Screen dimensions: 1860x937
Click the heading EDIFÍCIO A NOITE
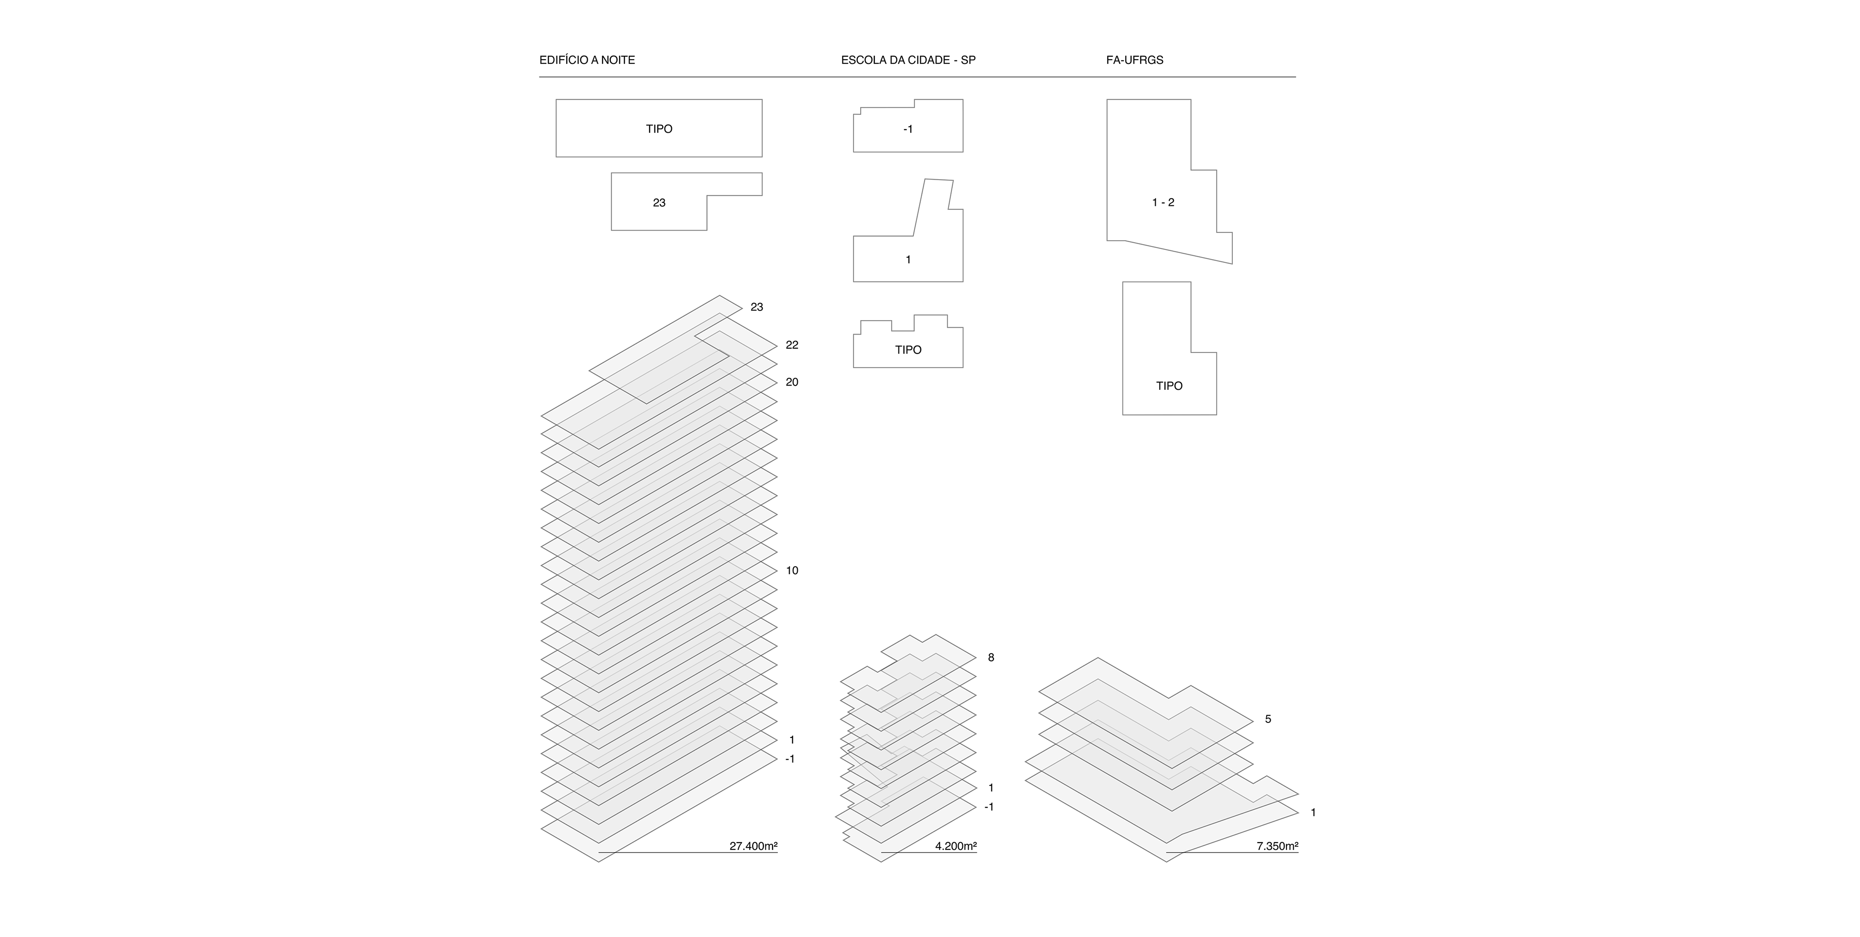587,60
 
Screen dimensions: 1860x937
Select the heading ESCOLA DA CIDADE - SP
908,60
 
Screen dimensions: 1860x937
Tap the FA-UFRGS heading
1134,60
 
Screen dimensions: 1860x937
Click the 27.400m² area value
753,846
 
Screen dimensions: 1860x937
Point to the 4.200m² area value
955,846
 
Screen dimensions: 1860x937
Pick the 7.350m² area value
1277,846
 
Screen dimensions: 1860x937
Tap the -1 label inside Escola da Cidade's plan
908,129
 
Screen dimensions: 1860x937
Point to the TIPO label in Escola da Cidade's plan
908,350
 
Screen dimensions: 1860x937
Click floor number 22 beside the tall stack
791,345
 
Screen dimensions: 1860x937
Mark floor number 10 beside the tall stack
791,571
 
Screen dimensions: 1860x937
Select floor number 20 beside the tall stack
791,383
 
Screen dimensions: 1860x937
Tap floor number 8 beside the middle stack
991,658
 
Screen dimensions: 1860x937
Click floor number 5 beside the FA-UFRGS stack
1267,719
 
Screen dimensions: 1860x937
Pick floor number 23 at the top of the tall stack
756,307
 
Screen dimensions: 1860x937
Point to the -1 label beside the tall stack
789,759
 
